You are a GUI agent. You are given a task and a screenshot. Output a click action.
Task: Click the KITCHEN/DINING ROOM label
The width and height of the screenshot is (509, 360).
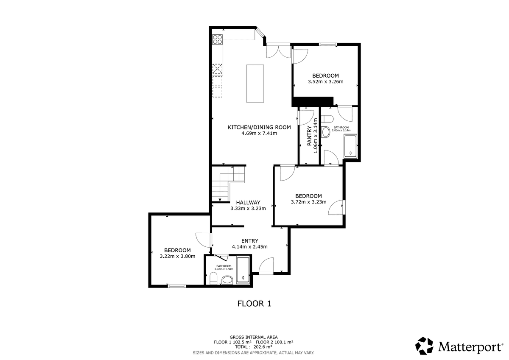coord(259,127)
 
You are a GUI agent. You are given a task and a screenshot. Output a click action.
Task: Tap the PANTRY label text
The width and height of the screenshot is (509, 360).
coord(310,136)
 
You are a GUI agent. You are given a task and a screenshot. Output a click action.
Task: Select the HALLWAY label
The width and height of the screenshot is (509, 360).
coord(248,203)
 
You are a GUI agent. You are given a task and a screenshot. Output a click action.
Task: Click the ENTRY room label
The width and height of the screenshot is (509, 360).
coord(250,241)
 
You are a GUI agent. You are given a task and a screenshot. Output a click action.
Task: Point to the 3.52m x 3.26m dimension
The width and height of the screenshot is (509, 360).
coord(325,81)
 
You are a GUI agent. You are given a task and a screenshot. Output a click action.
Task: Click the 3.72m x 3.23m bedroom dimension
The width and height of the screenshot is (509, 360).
coord(309,202)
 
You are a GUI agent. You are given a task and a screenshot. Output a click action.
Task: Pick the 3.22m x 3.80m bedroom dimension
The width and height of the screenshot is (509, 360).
coord(177,256)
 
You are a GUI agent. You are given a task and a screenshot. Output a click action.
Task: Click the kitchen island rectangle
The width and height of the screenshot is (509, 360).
coord(255,84)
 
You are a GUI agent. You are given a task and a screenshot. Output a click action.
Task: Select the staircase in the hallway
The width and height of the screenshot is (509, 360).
coord(228,184)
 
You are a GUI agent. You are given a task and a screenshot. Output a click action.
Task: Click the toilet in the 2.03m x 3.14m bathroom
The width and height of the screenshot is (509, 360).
coord(327,119)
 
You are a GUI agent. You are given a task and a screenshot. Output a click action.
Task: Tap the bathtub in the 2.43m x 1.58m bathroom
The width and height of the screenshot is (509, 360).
coord(243,270)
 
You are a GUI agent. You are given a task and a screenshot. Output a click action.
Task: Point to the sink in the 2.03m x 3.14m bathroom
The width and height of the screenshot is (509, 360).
coord(326,132)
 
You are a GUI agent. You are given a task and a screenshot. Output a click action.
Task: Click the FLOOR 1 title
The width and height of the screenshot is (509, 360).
coord(254,304)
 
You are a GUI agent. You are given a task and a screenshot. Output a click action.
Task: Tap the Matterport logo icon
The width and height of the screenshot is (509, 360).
coord(424,346)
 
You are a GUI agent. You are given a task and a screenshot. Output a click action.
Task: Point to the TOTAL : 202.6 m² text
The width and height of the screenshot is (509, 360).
coord(254,347)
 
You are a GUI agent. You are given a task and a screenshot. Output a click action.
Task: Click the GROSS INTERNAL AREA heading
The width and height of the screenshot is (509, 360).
coord(254,337)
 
